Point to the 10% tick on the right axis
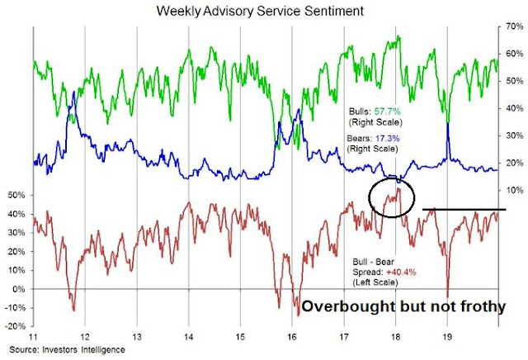pos(512,190)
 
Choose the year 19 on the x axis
pos(445,339)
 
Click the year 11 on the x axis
pos(33,339)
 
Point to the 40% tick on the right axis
pos(512,108)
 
